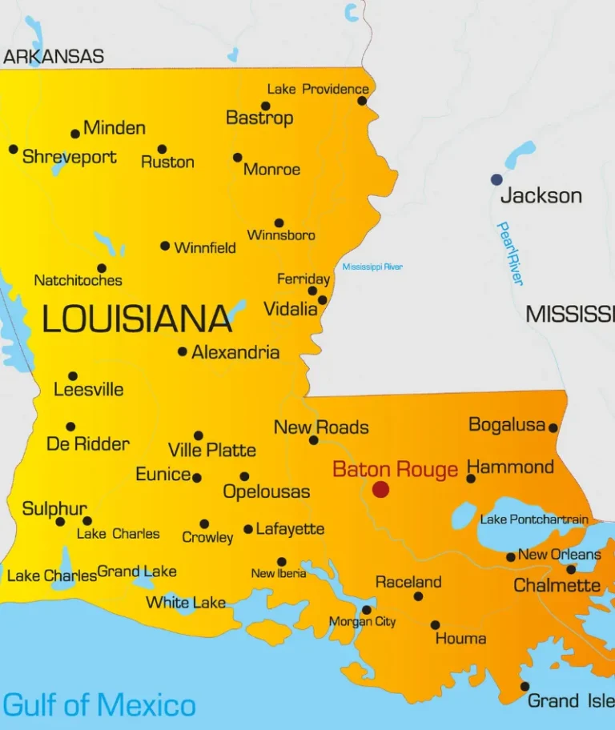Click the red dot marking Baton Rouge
[380, 489]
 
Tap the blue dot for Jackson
[497, 179]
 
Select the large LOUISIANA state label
[137, 319]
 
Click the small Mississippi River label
[372, 267]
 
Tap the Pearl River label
[509, 253]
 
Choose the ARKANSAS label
[54, 57]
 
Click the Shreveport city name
[70, 157]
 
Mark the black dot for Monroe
[238, 158]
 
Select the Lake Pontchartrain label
[534, 519]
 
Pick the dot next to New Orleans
[511, 557]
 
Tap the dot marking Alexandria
[183, 351]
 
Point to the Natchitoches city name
[78, 280]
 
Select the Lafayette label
[290, 529]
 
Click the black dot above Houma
[435, 625]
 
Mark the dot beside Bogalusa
[553, 428]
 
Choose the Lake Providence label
[318, 89]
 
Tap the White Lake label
[186, 603]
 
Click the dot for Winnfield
[165, 246]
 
